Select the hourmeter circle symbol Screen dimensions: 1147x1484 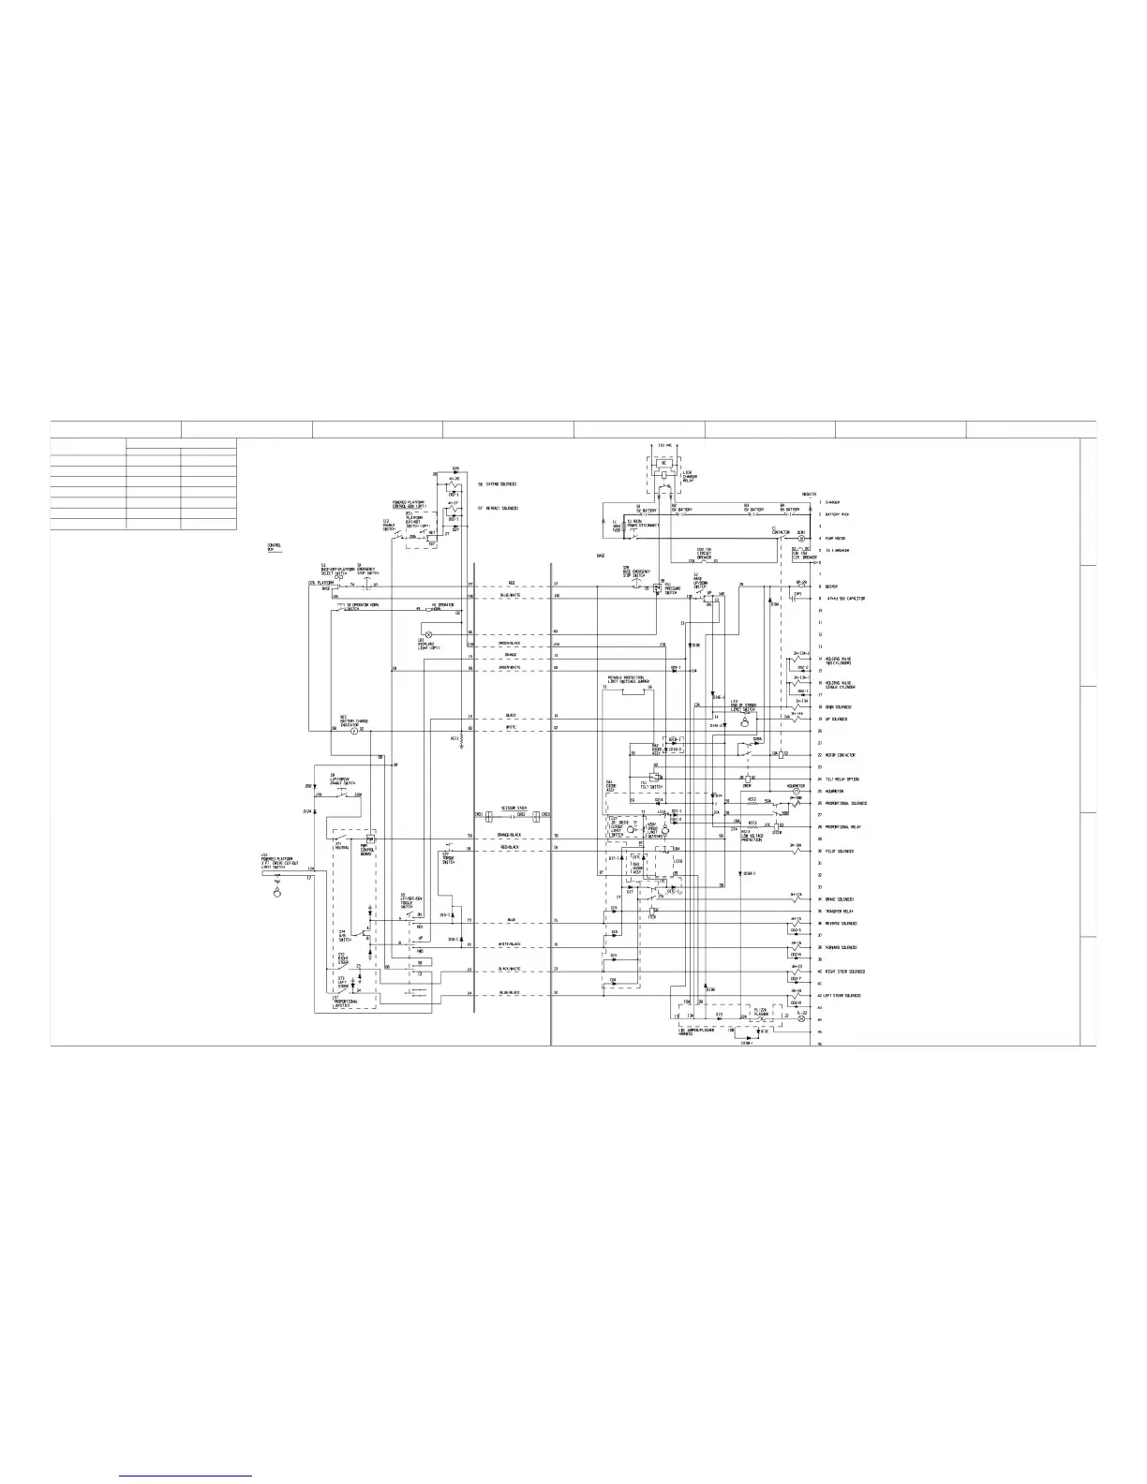797,792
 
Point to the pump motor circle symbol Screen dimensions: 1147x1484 800,539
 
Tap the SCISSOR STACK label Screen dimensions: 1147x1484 514,807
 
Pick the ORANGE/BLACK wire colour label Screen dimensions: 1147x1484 510,835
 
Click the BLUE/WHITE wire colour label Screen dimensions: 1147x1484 510,596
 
